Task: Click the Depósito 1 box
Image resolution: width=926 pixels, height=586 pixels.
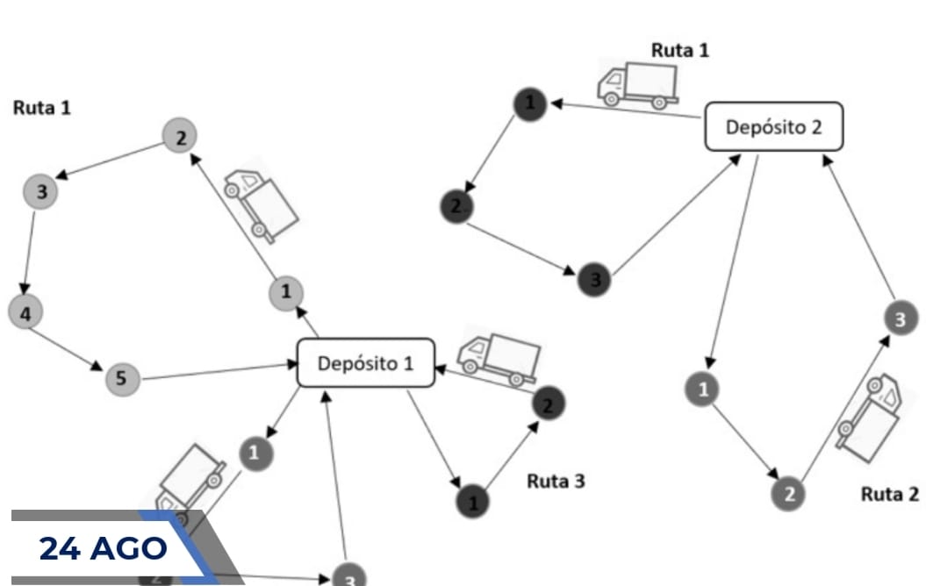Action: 366,362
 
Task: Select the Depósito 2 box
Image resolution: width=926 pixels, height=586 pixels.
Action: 773,126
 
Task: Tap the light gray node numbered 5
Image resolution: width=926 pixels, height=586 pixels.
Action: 122,379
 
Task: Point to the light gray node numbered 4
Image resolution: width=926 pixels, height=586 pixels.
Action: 25,312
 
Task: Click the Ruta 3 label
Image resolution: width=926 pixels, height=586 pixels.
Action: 555,481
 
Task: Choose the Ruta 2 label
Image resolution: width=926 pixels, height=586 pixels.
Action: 889,494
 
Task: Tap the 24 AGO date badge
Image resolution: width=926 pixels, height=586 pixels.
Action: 104,548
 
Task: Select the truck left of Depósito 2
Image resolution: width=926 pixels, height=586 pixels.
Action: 637,84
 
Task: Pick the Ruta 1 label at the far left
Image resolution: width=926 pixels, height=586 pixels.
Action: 41,108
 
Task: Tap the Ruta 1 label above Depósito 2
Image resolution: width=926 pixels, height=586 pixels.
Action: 679,50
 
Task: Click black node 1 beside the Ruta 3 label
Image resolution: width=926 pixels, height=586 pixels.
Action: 473,502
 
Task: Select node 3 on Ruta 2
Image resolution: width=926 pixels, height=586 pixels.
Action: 900,319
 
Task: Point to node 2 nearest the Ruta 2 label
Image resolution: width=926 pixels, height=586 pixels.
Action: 788,494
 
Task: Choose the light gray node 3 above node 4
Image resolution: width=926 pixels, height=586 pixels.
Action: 40,190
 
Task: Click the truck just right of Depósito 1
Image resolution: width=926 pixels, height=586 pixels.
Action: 499,358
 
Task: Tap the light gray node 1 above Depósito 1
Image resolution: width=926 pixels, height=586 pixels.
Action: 285,292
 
